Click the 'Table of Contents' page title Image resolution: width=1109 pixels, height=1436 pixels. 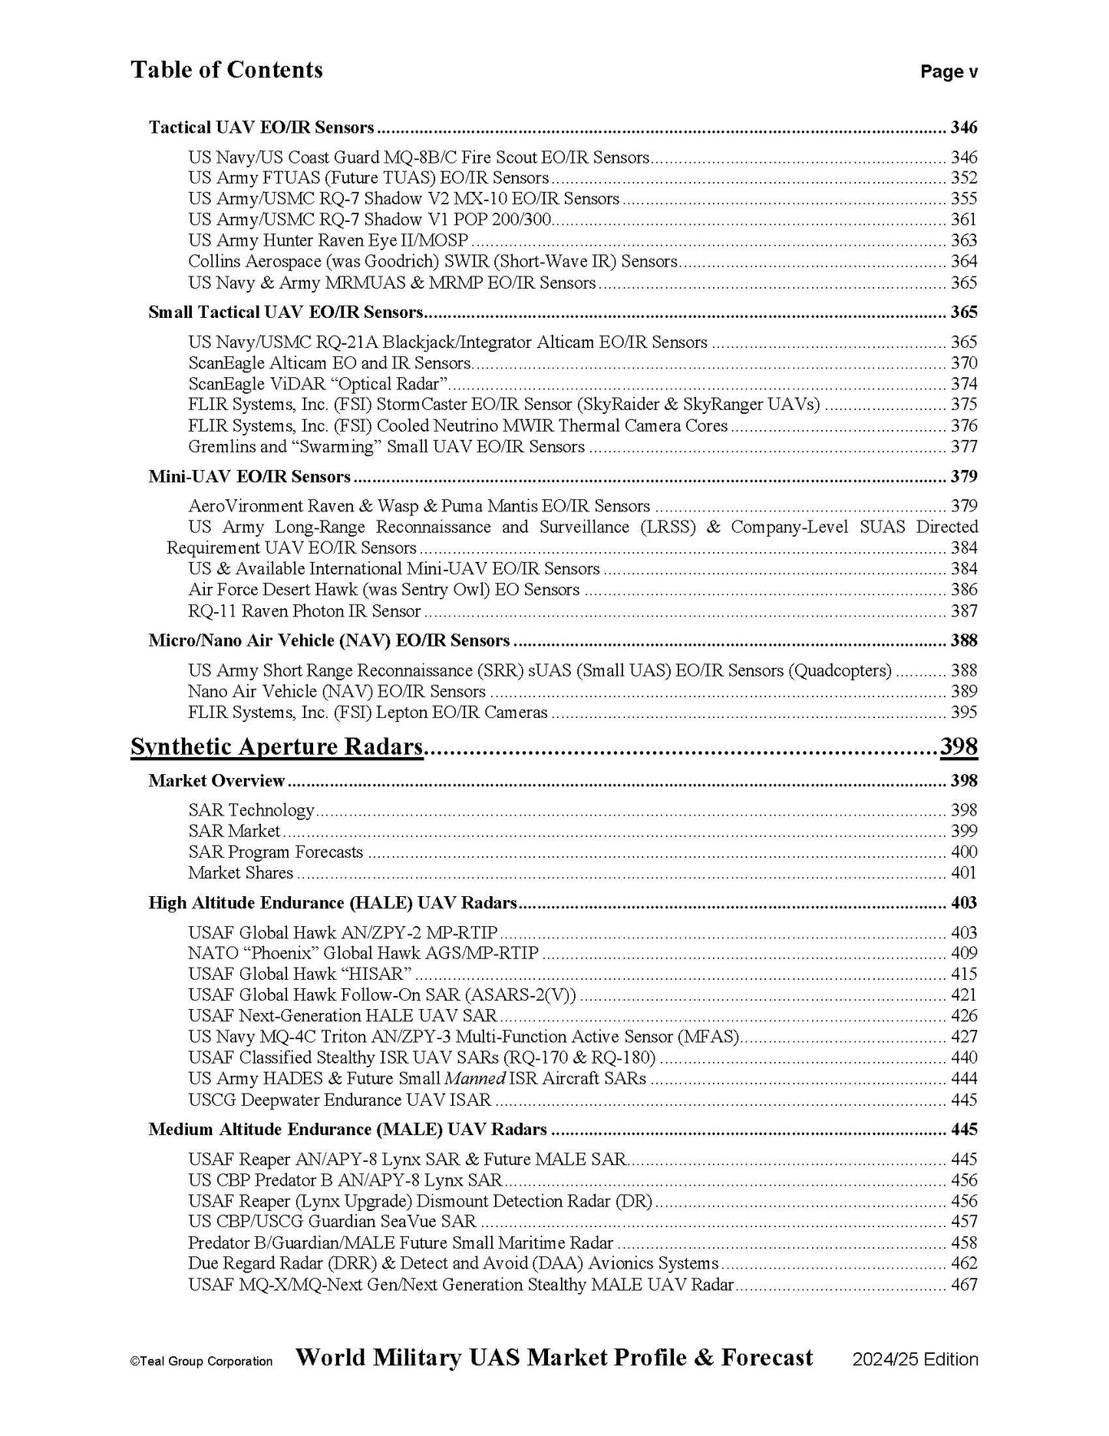tap(226, 70)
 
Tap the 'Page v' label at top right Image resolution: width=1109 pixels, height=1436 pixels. tap(949, 72)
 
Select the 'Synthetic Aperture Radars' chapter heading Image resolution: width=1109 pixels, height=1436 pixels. tap(277, 746)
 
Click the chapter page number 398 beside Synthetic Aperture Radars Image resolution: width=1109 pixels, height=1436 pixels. tap(959, 746)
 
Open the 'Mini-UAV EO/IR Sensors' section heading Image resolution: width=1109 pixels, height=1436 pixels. tap(249, 477)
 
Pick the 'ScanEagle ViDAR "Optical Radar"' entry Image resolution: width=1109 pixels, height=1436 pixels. tap(319, 384)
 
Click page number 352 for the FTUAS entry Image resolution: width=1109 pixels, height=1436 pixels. tap(964, 178)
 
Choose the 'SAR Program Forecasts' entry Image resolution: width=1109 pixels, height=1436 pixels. tap(276, 852)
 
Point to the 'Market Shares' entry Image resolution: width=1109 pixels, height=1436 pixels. tap(240, 872)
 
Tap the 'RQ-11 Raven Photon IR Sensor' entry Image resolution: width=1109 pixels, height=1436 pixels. tap(304, 611)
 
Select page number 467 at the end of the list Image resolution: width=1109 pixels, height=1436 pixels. tap(964, 1284)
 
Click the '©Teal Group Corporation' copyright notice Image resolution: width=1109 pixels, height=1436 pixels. tap(201, 1362)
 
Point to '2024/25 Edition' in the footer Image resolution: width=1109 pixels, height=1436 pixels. tap(915, 1359)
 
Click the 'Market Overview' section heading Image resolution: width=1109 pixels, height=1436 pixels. tap(216, 781)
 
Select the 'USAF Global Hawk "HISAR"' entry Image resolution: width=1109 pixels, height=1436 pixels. tap(300, 974)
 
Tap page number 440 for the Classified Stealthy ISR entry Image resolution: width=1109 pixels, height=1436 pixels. tap(964, 1057)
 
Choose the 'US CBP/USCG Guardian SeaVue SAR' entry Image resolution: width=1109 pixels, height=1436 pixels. tap(332, 1221)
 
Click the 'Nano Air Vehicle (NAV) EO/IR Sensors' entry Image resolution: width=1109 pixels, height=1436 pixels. tap(336, 691)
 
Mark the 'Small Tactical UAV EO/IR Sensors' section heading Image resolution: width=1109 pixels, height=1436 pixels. tap(286, 313)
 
